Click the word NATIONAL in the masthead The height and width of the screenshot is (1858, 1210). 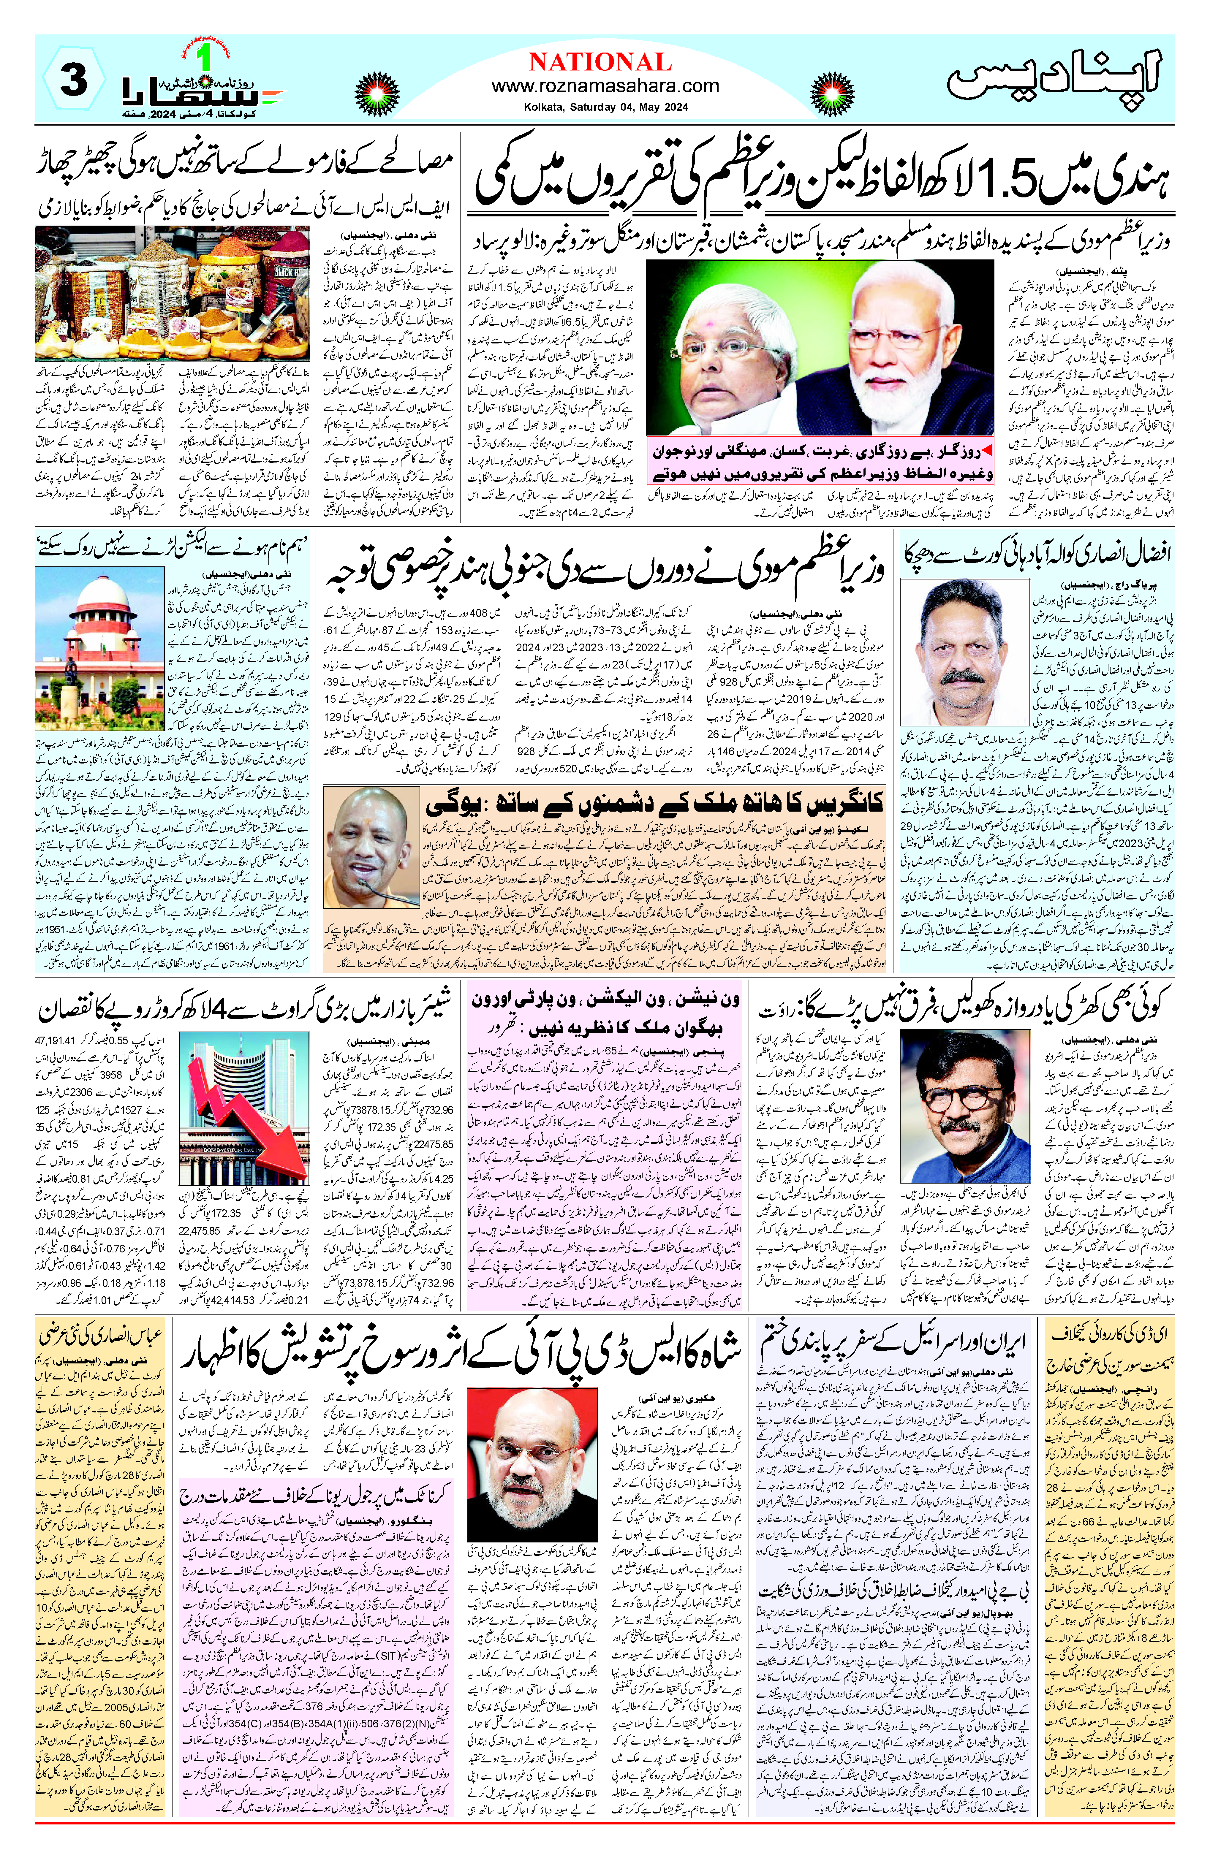pyautogui.click(x=600, y=62)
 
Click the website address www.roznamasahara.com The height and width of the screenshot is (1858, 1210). pyautogui.click(x=605, y=86)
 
